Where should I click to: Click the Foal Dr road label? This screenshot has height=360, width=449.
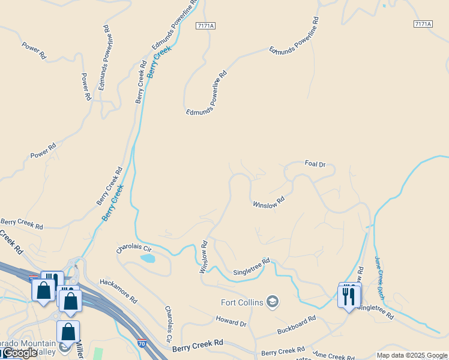pyautogui.click(x=315, y=164)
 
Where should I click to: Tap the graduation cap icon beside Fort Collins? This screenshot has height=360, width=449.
pyautogui.click(x=273, y=301)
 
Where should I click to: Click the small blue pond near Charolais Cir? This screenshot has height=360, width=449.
pyautogui.click(x=147, y=259)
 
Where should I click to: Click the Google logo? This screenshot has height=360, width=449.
pyautogui.click(x=19, y=353)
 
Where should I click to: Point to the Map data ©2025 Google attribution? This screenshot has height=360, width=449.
pyautogui.click(x=412, y=355)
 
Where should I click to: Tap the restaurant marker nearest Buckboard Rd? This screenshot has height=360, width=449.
pyautogui.click(x=348, y=295)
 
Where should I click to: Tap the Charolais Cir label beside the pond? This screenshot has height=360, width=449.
pyautogui.click(x=134, y=248)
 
